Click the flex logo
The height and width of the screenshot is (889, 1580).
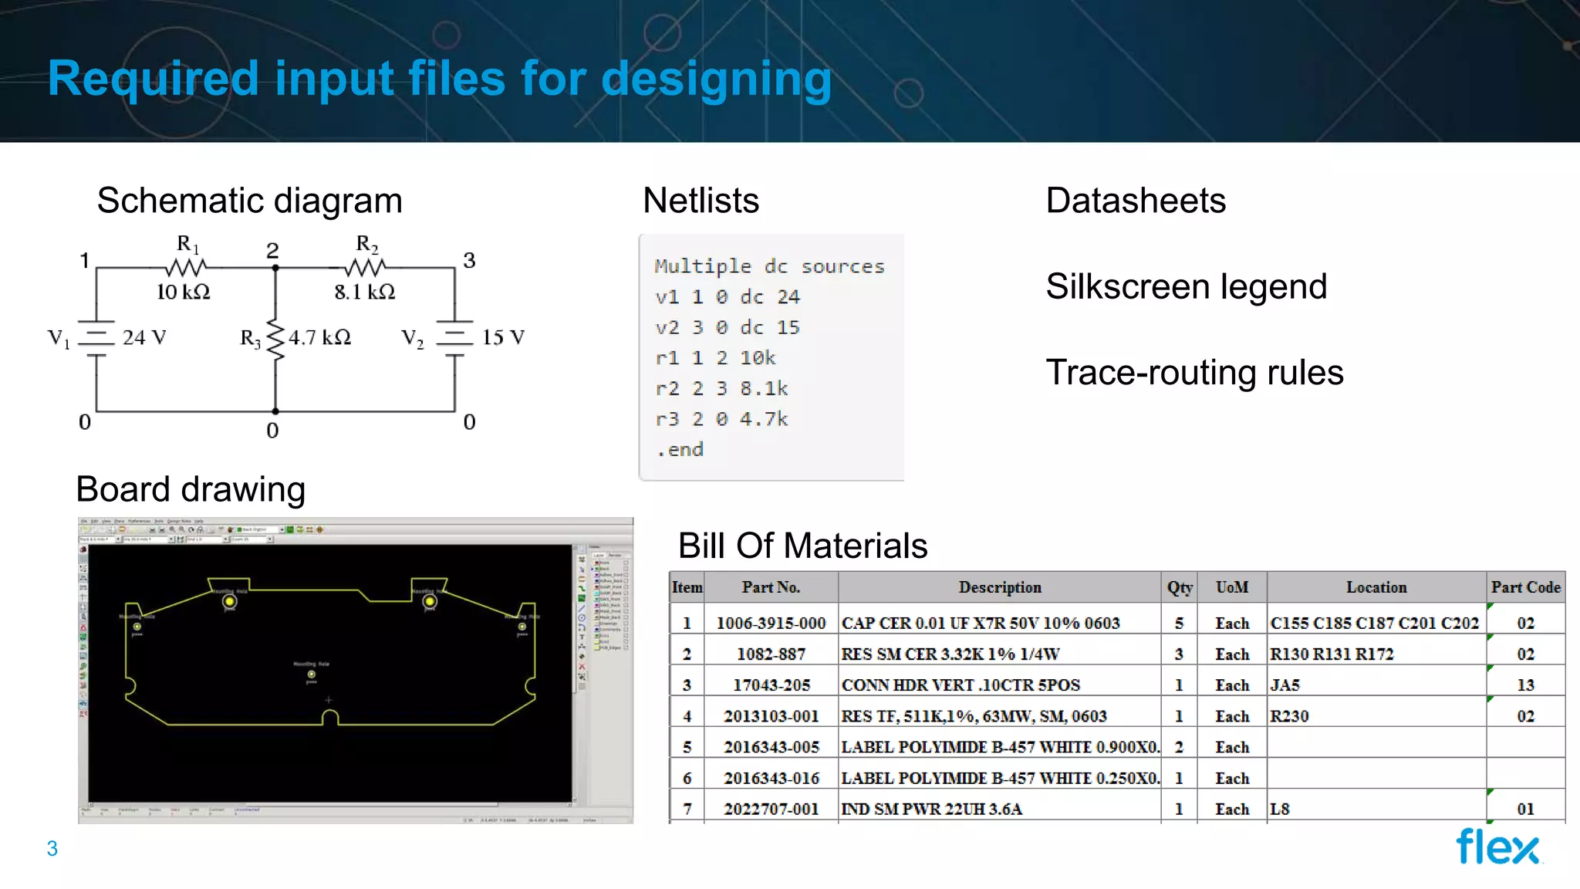pos(1497,847)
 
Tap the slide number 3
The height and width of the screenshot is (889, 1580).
pos(52,848)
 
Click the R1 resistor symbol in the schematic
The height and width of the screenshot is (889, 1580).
pos(186,268)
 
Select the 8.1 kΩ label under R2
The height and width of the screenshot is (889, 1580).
pos(364,292)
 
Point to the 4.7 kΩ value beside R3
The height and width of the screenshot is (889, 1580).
pos(319,337)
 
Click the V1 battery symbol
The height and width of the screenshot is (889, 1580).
pos(96,338)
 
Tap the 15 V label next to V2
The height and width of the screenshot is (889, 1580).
pos(503,337)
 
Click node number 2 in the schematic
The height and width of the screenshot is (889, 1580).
pos(272,250)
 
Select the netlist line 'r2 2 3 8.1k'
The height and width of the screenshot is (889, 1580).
pos(721,388)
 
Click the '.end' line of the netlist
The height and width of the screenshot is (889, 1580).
pos(680,449)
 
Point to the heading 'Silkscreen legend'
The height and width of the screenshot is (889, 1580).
pos(1186,286)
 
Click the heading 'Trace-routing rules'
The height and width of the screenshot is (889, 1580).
pos(1194,372)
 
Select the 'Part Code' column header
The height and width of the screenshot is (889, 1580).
pos(1525,587)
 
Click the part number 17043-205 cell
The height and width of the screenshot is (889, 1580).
pos(771,685)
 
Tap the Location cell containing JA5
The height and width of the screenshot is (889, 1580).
pos(1285,685)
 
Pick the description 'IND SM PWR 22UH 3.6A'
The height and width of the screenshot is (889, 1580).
pos(931,809)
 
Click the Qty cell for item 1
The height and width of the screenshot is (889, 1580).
pos(1179,623)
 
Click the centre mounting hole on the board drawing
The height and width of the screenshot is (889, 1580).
pos(311,674)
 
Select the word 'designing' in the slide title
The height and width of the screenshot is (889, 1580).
pos(716,78)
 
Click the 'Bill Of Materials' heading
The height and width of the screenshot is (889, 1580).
pos(802,546)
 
